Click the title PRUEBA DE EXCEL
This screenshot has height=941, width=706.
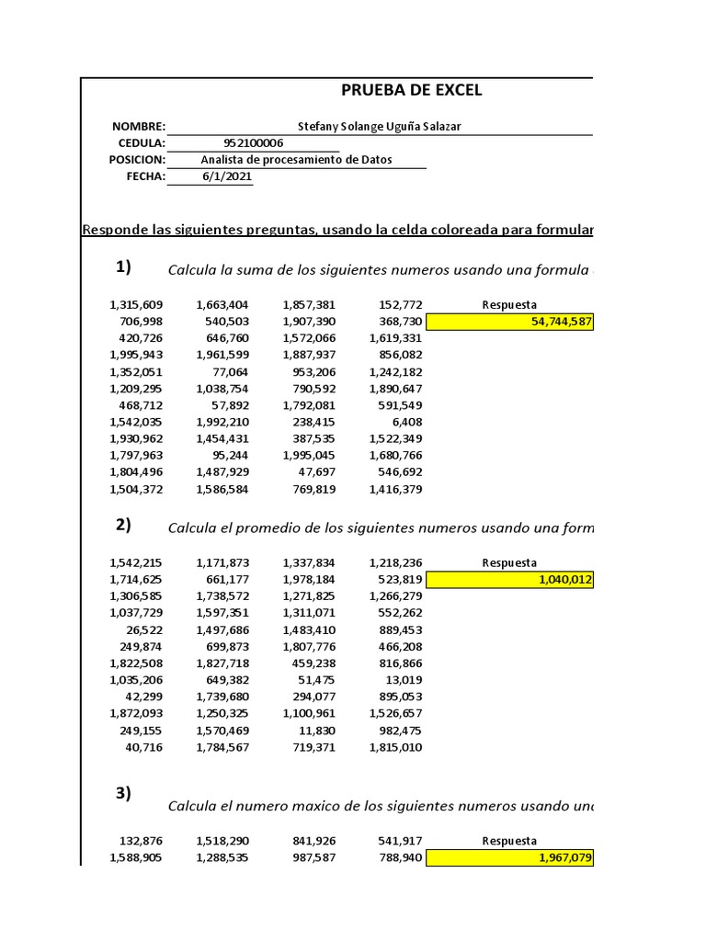[411, 90]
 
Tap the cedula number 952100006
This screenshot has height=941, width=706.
[254, 143]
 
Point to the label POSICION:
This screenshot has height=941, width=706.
[137, 160]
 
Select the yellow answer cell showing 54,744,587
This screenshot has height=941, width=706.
[510, 322]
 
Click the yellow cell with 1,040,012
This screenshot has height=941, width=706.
[510, 580]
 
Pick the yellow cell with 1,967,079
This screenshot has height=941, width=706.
[510, 857]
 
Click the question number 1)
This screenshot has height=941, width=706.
[123, 267]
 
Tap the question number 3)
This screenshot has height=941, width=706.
[123, 794]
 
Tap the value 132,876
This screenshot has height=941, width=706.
[142, 840]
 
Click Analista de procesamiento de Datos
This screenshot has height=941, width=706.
[296, 160]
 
